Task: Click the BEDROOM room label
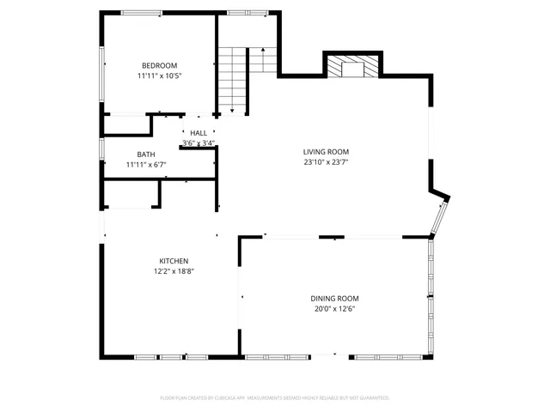click(x=159, y=66)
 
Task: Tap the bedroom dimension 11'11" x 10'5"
click(x=159, y=76)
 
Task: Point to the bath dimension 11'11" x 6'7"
click(x=145, y=165)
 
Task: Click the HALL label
click(x=199, y=133)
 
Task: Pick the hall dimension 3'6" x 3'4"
click(x=199, y=143)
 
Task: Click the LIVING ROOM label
click(x=325, y=151)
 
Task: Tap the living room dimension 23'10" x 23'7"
click(x=325, y=161)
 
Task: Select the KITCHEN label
click(x=173, y=261)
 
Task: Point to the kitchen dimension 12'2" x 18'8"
click(x=173, y=271)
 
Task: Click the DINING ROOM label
click(x=334, y=298)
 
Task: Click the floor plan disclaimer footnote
click(x=275, y=397)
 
